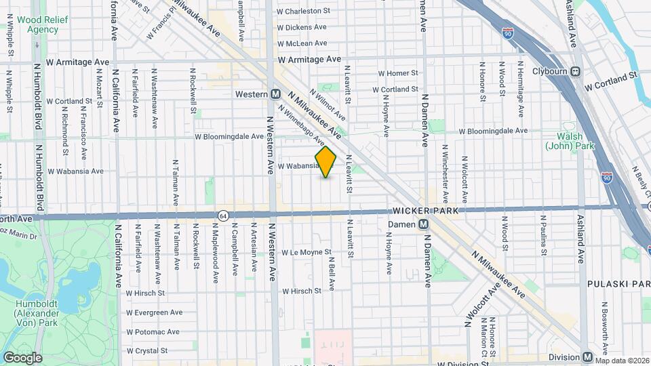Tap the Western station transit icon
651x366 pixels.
pos(276,94)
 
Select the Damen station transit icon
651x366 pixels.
pos(423,224)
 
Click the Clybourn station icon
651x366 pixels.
pos(576,71)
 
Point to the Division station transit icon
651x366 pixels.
pos(587,357)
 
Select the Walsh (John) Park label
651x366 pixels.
pos(565,141)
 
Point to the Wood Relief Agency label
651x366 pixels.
pos(38,25)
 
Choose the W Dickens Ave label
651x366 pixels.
pos(302,27)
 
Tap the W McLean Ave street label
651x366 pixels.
pos(302,43)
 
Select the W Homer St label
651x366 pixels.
pos(398,73)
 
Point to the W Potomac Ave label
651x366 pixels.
pos(153,332)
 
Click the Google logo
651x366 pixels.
pos(22,358)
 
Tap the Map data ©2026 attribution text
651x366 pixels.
pos(622,360)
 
